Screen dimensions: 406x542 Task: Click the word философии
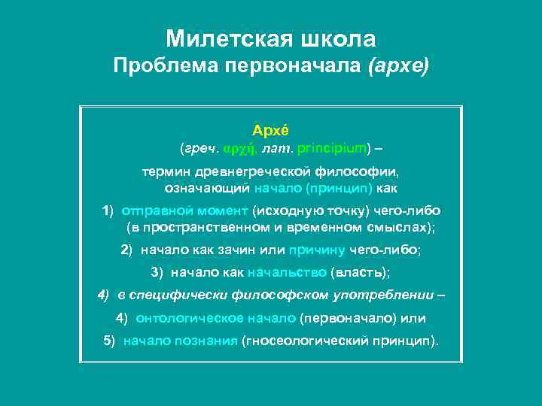[357, 172]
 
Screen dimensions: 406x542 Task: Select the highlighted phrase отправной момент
[184, 210]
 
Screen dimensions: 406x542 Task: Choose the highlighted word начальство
[288, 271]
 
